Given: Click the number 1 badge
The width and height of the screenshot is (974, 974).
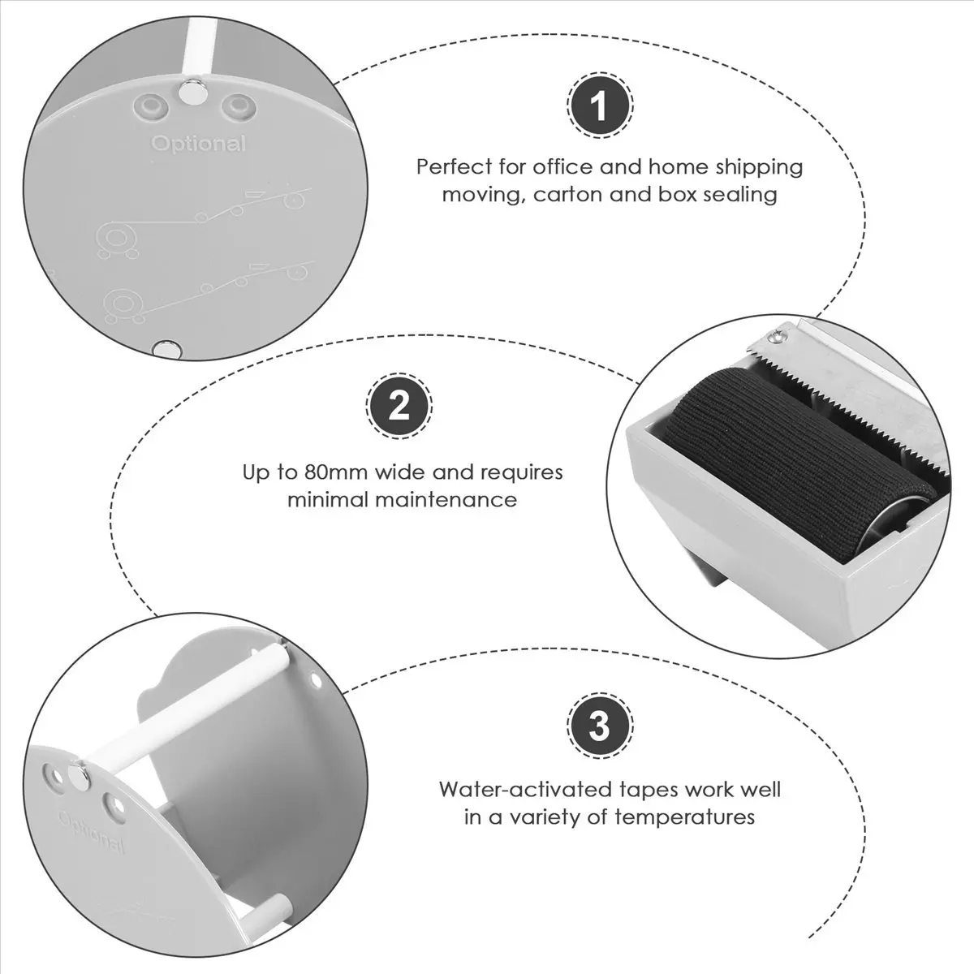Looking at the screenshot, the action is (600, 106).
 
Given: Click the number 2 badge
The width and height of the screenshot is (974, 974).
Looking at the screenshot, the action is (399, 406).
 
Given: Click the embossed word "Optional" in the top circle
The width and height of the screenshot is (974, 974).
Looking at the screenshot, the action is (199, 144).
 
